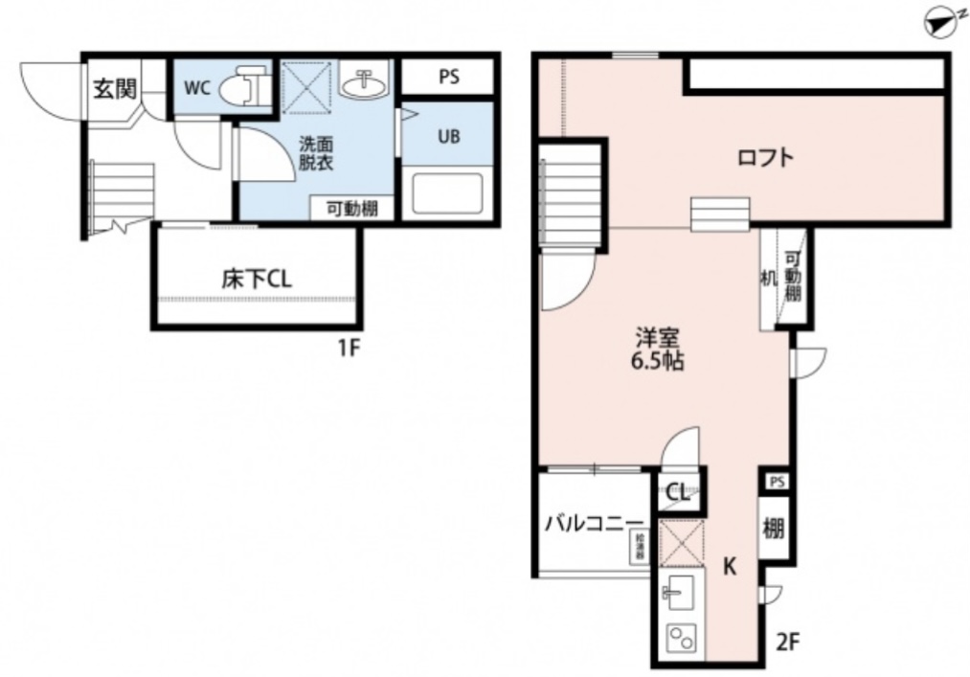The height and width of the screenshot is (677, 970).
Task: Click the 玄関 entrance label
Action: point(114,89)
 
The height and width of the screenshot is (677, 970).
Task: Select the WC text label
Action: point(196,89)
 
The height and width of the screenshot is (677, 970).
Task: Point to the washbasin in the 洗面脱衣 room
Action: point(364,85)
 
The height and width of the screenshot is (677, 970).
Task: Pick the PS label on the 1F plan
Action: point(448,78)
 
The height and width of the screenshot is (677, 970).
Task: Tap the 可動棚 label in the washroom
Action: point(350,209)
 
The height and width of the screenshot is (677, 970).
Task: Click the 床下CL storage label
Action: point(256,280)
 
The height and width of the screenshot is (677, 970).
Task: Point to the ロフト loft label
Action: point(766,158)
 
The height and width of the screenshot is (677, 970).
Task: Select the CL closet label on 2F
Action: point(678,494)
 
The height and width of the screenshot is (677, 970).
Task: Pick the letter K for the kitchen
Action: point(729,567)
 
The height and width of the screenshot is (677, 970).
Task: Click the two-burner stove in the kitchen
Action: point(681,638)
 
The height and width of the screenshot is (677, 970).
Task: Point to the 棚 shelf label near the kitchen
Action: point(774,528)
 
